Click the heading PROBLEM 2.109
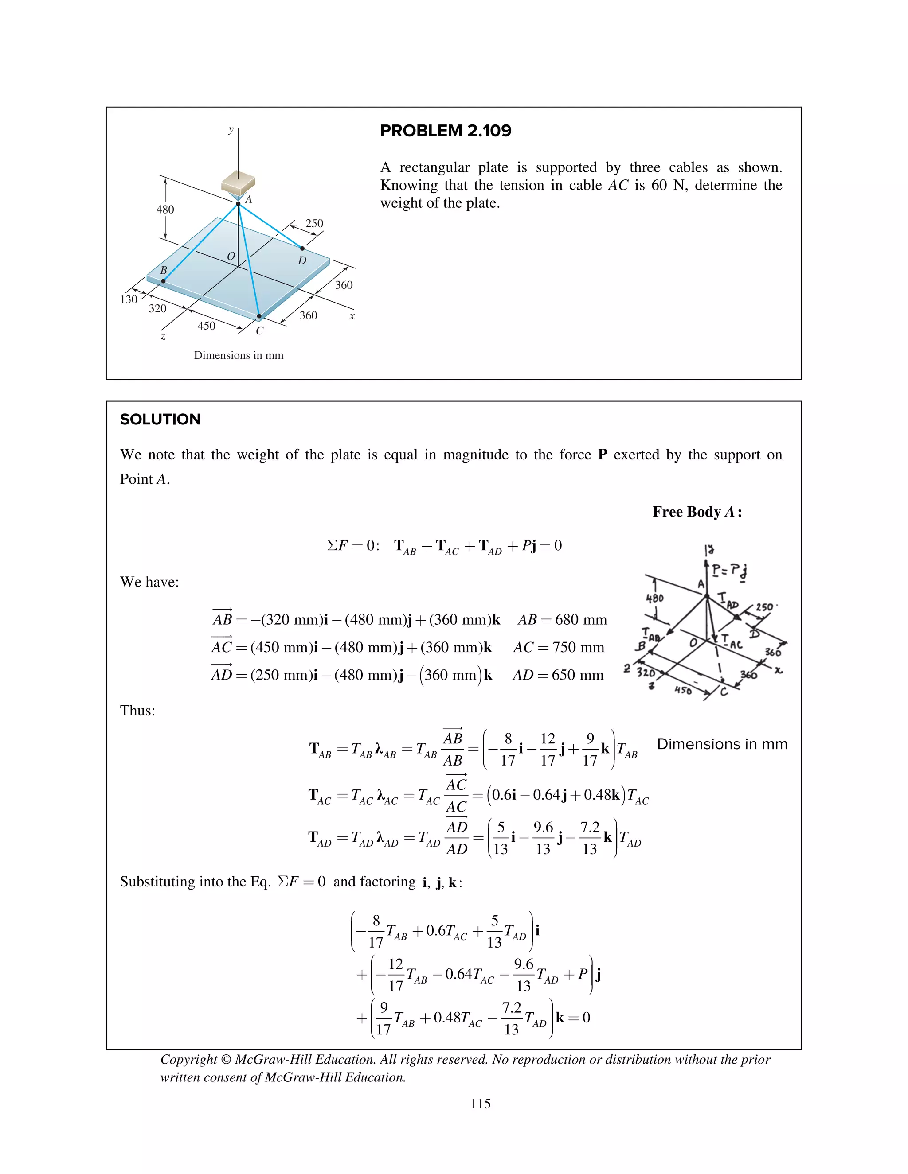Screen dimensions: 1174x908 click(446, 131)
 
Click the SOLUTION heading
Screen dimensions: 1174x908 click(160, 419)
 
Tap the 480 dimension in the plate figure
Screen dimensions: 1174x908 click(165, 210)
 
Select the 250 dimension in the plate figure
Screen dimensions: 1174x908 click(314, 223)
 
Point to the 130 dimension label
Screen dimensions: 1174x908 click(129, 299)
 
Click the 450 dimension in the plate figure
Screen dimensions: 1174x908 click(206, 326)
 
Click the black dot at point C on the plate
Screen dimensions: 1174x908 click(259, 317)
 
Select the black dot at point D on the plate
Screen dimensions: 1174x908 click(302, 249)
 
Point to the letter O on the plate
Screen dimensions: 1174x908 click(231, 257)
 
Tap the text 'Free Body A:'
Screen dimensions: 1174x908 click(697, 512)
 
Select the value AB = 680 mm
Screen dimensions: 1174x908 click(562, 620)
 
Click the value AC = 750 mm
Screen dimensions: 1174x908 click(558, 647)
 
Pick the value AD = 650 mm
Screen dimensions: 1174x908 click(558, 675)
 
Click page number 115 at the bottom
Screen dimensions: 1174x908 click(480, 1104)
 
